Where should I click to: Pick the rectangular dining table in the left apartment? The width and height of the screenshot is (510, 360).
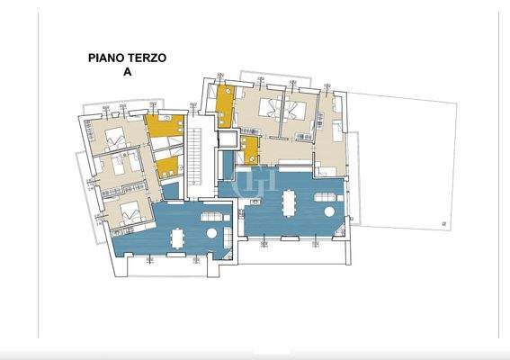click(x=178, y=237)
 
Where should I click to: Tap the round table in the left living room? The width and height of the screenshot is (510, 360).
click(x=211, y=233)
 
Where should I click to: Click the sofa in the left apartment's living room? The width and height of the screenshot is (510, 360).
click(x=211, y=216)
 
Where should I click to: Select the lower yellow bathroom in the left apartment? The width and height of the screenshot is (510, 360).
click(x=166, y=166)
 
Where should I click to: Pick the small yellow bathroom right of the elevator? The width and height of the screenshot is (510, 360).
click(x=249, y=148)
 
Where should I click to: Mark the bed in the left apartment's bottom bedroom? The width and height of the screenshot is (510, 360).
click(x=129, y=212)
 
